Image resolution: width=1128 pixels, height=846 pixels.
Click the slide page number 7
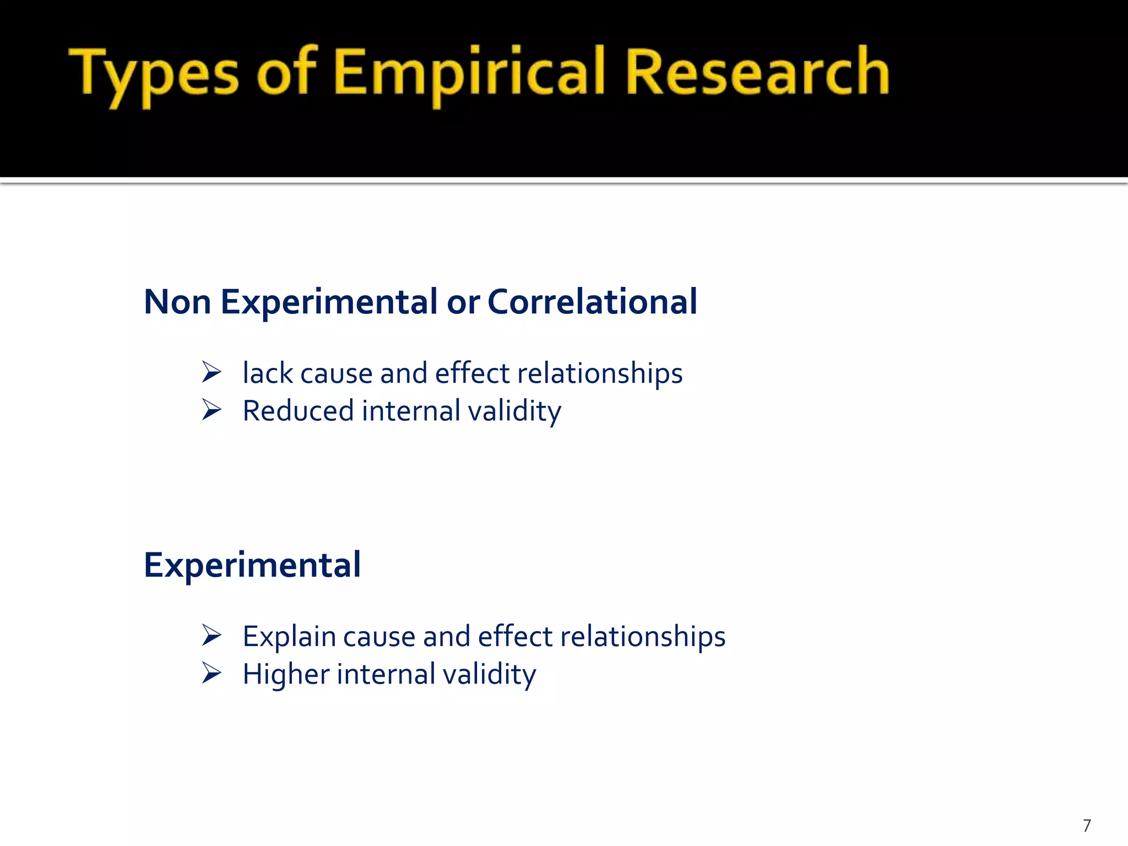pos(1087,826)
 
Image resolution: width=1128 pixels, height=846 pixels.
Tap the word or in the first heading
pos(463,303)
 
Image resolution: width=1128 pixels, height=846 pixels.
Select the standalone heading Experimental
pos(252,565)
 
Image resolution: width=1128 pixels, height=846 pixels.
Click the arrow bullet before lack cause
pos(211,372)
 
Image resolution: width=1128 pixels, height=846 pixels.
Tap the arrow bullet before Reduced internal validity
pos(211,410)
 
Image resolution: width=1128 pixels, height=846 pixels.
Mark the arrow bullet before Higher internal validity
pos(211,673)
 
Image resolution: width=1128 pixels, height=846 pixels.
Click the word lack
pos(268,373)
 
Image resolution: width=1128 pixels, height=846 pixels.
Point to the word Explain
pos(289,637)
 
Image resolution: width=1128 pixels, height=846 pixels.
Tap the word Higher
pos(286,675)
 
